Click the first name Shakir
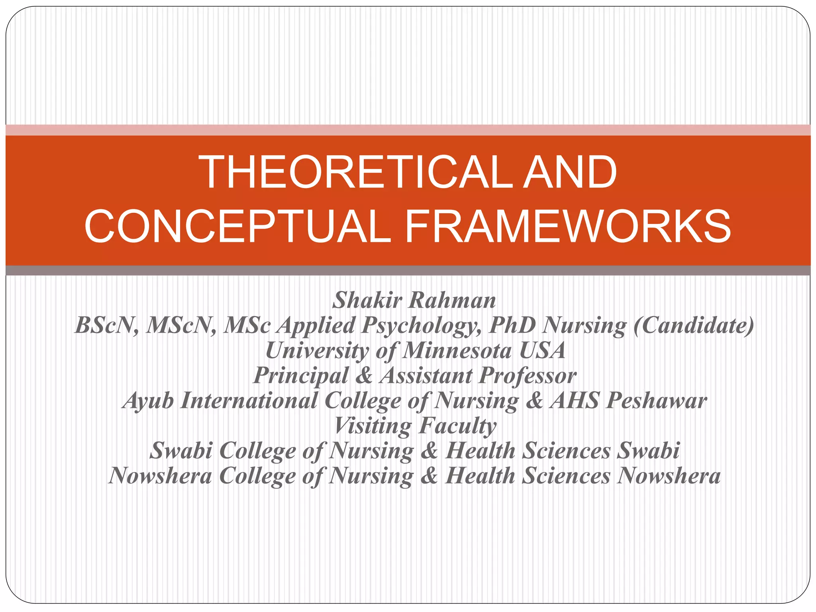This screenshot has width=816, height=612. pyautogui.click(x=367, y=300)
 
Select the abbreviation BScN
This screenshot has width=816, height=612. pyautogui.click(x=107, y=325)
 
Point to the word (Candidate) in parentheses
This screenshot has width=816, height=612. pyautogui.click(x=693, y=325)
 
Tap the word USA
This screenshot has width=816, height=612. pyautogui.click(x=543, y=351)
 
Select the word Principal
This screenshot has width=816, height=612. pyautogui.click(x=301, y=376)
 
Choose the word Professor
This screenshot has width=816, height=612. pyautogui.click(x=528, y=376)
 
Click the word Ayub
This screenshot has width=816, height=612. pyautogui.click(x=148, y=401)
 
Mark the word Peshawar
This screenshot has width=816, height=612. pyautogui.click(x=657, y=400)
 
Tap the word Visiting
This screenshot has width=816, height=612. pyautogui.click(x=373, y=426)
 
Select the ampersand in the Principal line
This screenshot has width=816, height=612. pyautogui.click(x=364, y=376)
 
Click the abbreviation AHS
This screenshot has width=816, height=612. pyautogui.click(x=575, y=400)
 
